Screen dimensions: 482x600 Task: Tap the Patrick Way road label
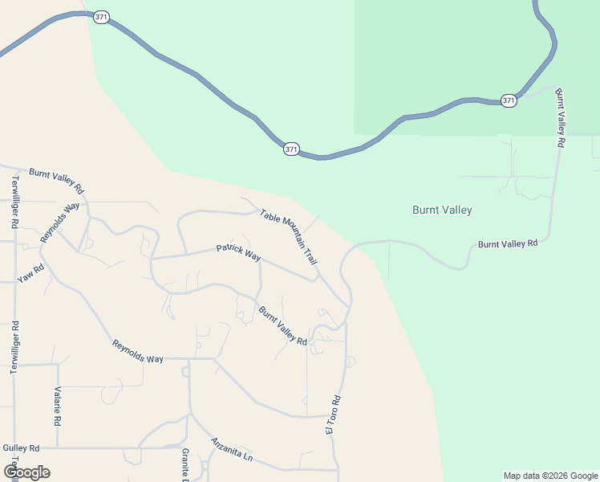(239, 253)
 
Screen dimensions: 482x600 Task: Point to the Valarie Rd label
(58, 406)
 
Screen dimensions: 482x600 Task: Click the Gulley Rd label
(21, 447)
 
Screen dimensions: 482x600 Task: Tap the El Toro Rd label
(333, 415)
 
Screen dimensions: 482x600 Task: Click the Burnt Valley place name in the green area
(442, 210)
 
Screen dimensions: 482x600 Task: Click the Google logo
(26, 472)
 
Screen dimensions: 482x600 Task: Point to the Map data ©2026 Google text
(551, 476)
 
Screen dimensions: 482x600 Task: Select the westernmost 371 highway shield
(100, 16)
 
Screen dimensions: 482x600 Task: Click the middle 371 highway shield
(291, 149)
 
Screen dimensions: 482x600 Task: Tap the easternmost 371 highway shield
(509, 100)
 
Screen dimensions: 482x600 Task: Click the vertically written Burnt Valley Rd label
(561, 118)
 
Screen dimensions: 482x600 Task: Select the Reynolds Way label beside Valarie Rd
(138, 352)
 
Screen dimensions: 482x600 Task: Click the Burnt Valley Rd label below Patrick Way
(282, 325)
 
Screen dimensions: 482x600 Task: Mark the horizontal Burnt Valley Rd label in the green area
(507, 243)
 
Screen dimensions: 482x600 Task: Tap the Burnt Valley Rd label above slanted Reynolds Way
(56, 182)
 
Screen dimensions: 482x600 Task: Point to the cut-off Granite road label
(184, 464)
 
